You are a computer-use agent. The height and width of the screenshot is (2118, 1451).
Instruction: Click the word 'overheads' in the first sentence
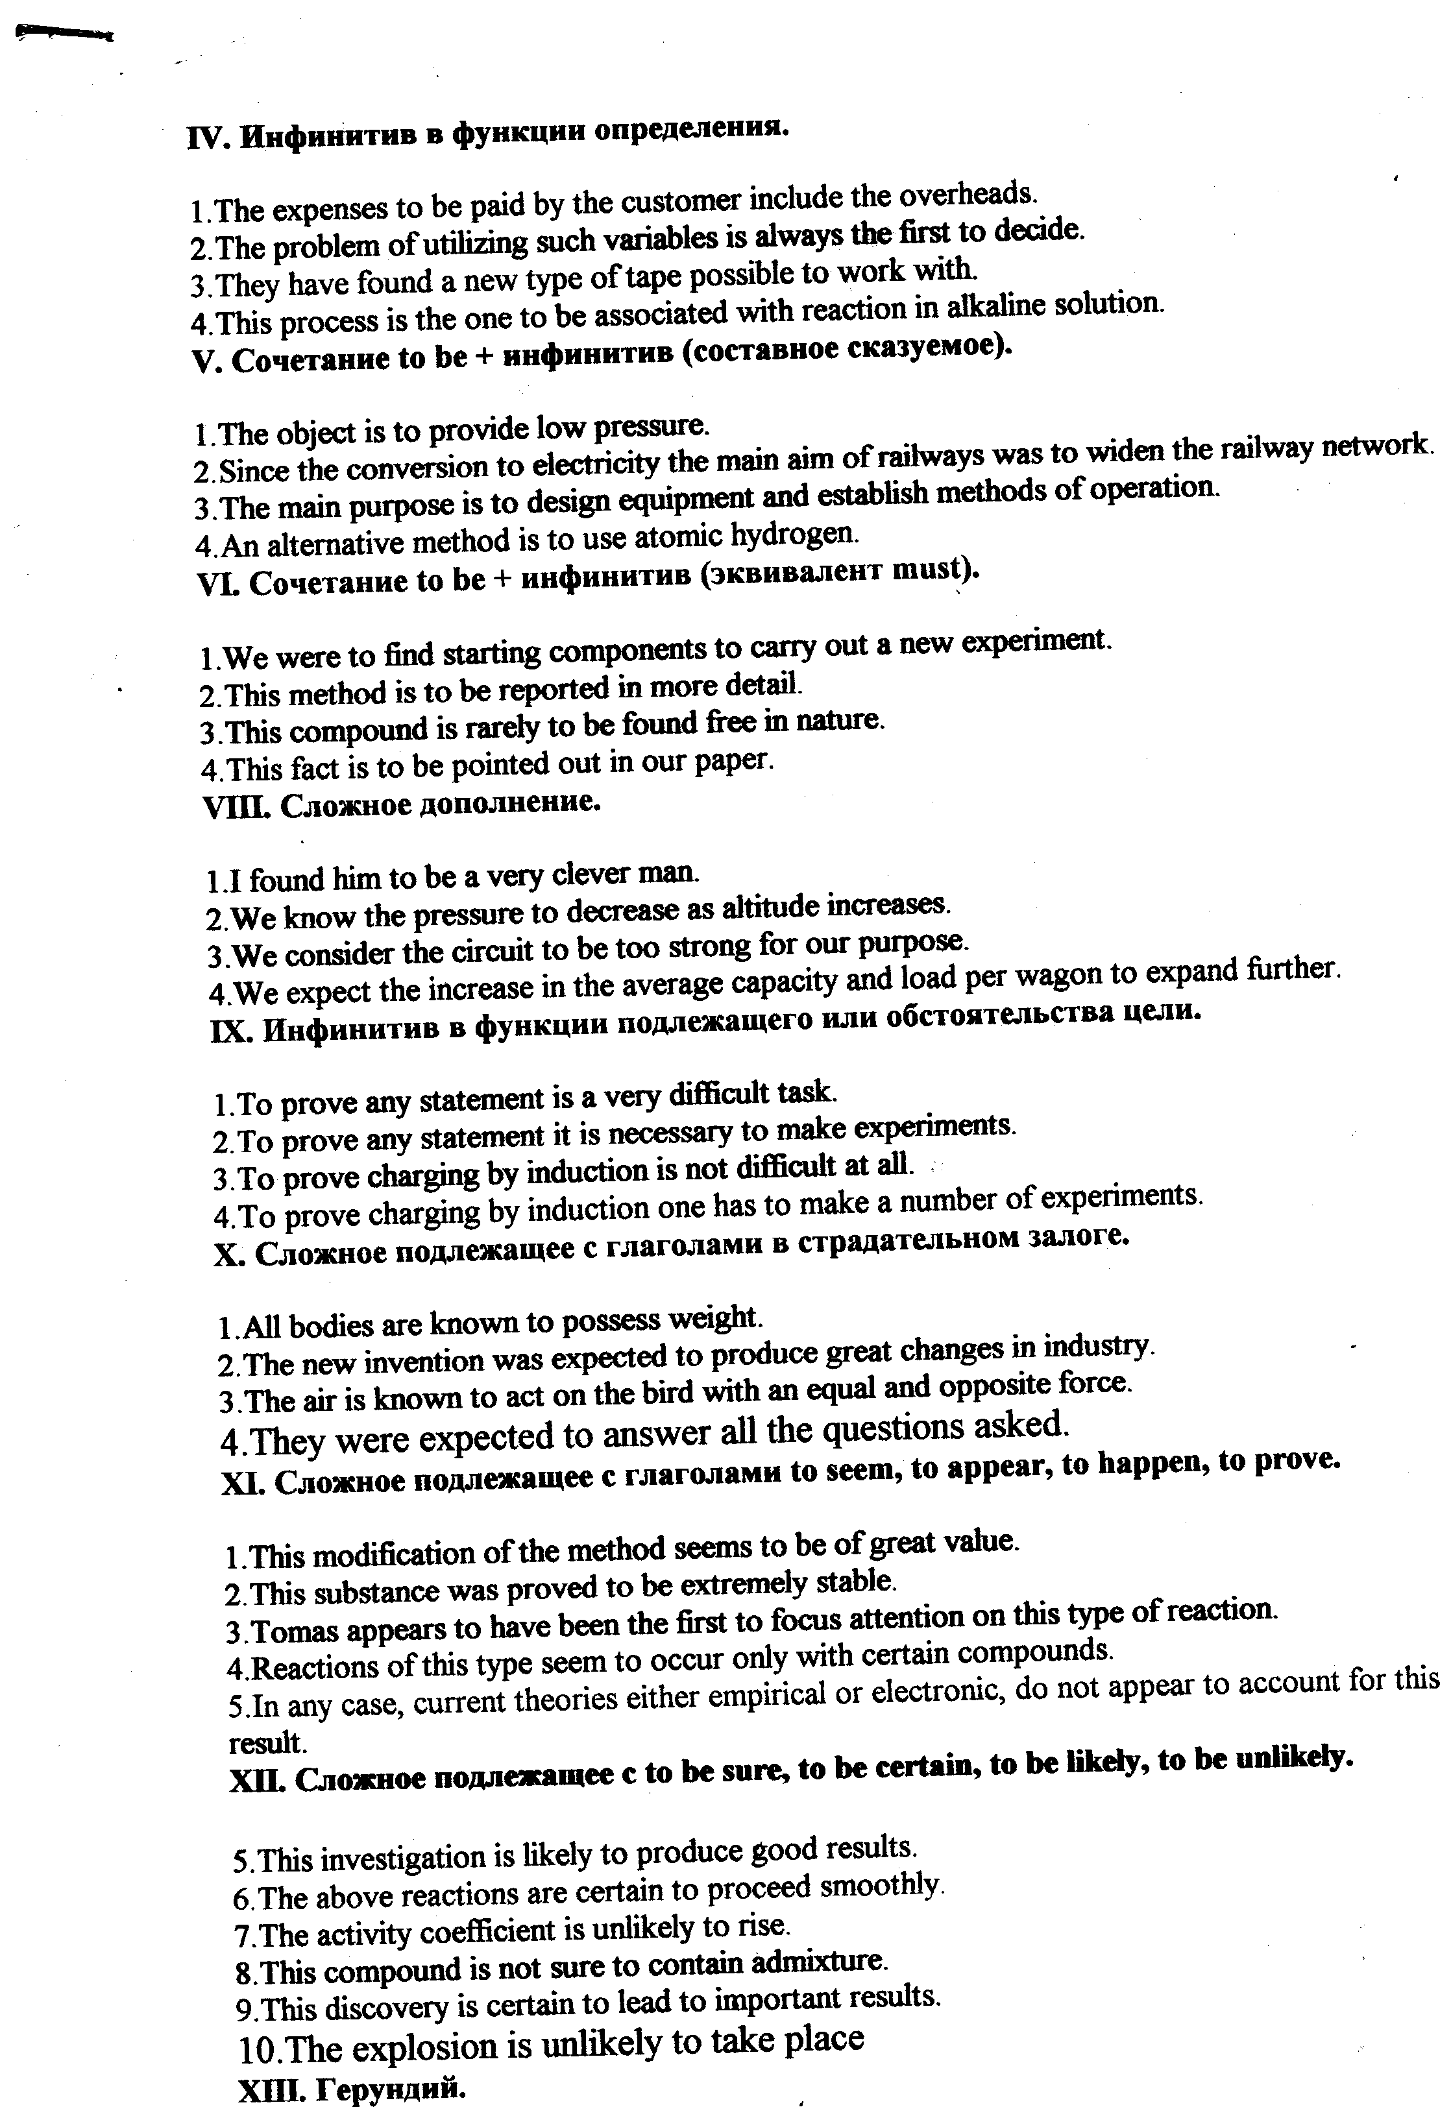(968, 193)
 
